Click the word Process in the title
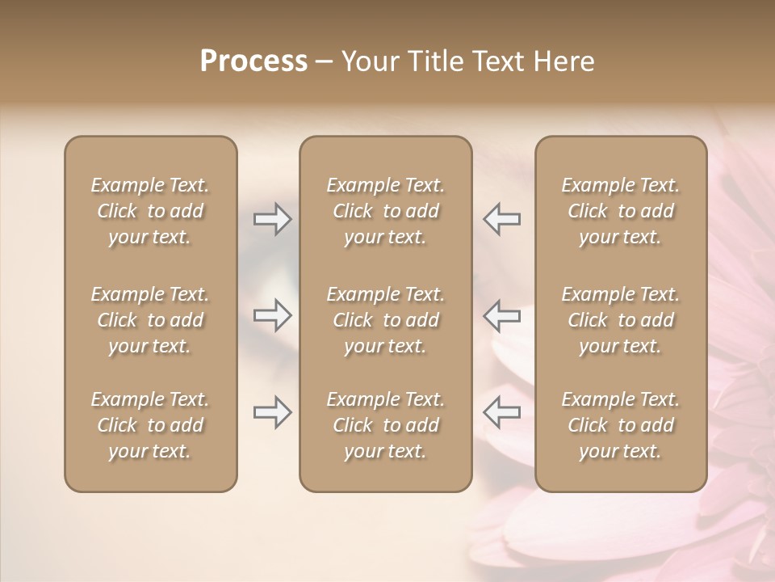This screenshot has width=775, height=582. pos(253,61)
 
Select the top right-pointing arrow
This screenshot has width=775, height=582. pos(272,219)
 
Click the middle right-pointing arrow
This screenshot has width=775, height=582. pos(272,315)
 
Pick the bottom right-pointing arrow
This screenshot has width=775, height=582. pos(272,412)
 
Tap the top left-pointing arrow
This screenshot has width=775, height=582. pos(502,219)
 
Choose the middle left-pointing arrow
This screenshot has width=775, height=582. pos(502,315)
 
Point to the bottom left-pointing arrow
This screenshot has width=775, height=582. pos(502,412)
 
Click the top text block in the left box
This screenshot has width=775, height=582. pos(150,211)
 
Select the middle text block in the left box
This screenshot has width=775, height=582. pos(150,320)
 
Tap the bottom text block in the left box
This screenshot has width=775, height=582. pos(150,425)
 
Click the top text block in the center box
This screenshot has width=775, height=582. pos(386,211)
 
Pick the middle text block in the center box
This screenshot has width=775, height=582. pos(386,320)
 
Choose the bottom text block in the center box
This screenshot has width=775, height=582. pos(386,425)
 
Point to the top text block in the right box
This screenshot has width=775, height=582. pos(621,211)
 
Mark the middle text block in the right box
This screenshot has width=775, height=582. pos(621,320)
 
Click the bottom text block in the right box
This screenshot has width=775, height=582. pos(621,425)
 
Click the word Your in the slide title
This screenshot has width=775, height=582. pos(367,61)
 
